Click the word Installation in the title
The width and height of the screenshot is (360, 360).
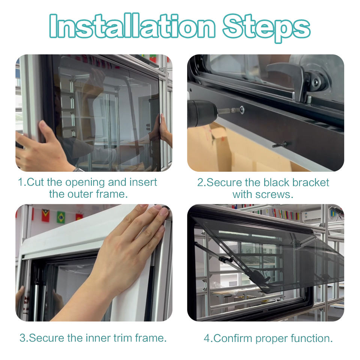coord(132,26)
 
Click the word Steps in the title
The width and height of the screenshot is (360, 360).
coord(267,27)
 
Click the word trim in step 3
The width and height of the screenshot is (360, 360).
coord(123,338)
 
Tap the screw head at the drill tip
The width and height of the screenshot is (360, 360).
coord(241,109)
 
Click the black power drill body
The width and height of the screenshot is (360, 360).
coord(202,113)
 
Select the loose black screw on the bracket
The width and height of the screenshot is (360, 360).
coord(280,145)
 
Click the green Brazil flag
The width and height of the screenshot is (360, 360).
coord(61,217)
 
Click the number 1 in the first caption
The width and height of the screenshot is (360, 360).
coord(21,182)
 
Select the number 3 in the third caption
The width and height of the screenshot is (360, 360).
coord(23,338)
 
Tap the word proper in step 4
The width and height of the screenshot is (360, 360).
coord(271,339)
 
